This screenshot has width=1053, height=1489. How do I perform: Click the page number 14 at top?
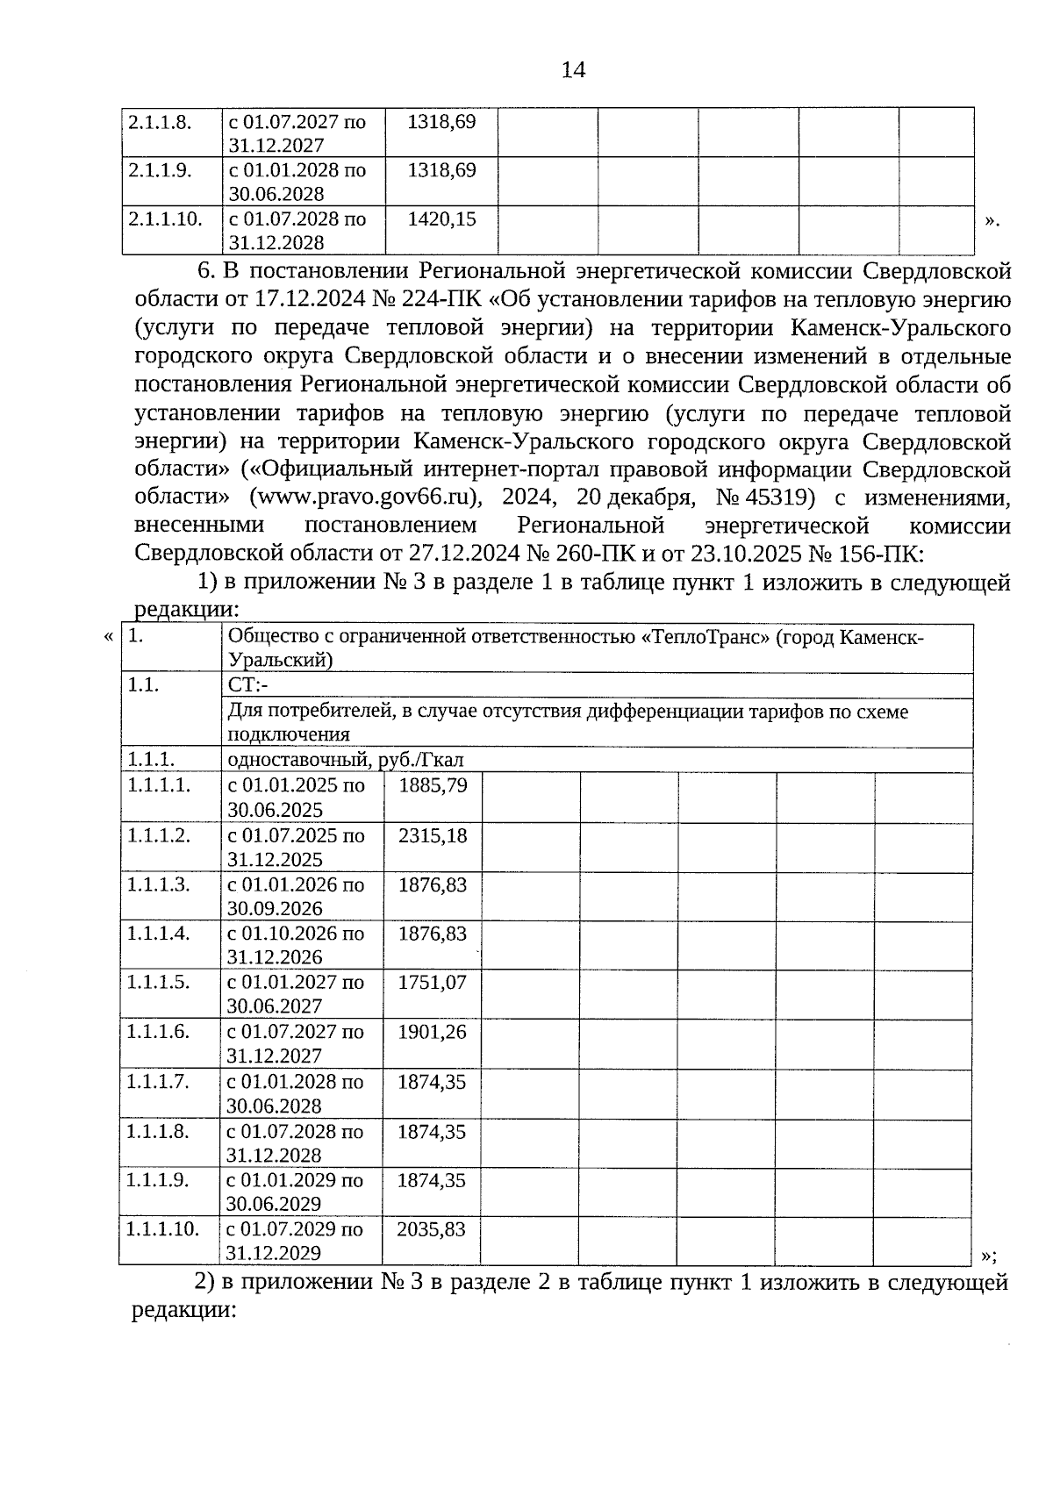point(573,70)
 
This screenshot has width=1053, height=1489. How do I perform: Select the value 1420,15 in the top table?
point(442,219)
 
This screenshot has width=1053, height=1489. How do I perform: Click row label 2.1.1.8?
point(160,122)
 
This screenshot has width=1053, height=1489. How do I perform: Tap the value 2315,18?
point(433,835)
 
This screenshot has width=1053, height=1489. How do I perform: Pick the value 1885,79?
point(433,785)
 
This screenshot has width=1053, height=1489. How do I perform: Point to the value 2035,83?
point(431,1229)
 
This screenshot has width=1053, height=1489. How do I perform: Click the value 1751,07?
point(432,983)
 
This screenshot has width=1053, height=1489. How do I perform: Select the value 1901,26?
point(432,1032)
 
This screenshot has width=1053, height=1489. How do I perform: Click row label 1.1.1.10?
point(163,1228)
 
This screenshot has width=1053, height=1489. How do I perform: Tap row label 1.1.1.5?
point(158,983)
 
